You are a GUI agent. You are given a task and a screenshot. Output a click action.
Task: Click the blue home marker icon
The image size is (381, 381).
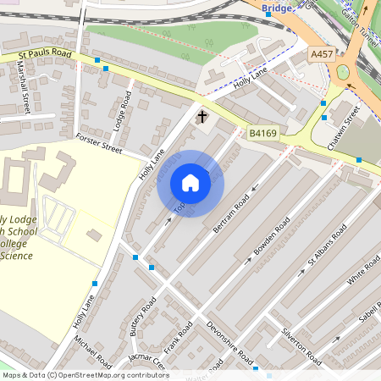tap(190, 183)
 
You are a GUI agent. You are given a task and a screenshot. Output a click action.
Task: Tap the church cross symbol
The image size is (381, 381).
tap(202, 116)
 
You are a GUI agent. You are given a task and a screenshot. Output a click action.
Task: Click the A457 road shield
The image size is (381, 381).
tap(322, 53)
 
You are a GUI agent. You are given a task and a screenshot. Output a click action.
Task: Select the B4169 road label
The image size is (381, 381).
tap(263, 133)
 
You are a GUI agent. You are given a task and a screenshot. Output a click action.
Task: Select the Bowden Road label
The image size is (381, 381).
tap(272, 238)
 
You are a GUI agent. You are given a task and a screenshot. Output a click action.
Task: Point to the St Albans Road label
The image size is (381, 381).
tap(328, 245)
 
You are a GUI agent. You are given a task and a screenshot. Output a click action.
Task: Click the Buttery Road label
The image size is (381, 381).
tap(144, 317)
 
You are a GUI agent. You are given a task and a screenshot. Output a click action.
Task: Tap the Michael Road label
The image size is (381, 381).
tap(92, 351)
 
